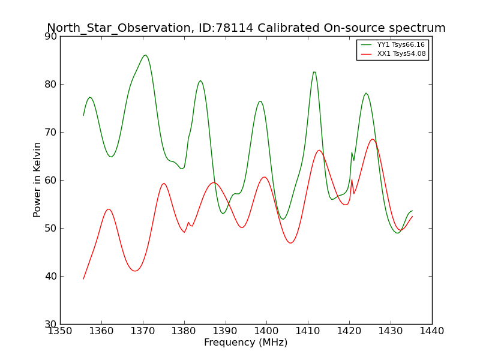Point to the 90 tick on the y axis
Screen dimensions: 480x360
pos(51,37)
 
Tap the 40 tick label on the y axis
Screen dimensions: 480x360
pos(51,277)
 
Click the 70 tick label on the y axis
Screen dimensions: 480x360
pos(51,133)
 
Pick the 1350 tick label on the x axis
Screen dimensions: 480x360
pos(61,331)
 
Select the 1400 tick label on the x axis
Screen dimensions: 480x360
pos(266,331)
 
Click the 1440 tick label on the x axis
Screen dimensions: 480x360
pos(432,331)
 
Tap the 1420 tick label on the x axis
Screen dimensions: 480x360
pos(349,331)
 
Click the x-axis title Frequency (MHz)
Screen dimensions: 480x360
pos(246,342)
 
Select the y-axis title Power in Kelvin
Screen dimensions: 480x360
pos(37,180)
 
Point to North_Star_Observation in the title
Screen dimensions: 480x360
pos(119,28)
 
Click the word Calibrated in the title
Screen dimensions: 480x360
pos(289,28)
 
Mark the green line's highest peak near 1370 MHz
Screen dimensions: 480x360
pos(145,55)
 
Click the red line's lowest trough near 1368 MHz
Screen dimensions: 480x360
pos(135,271)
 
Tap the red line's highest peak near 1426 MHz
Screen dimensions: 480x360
pos(372,139)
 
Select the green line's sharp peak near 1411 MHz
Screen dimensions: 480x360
pos(314,72)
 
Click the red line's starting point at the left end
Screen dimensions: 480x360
pos(83,279)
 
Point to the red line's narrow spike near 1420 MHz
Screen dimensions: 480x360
pos(352,179)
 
